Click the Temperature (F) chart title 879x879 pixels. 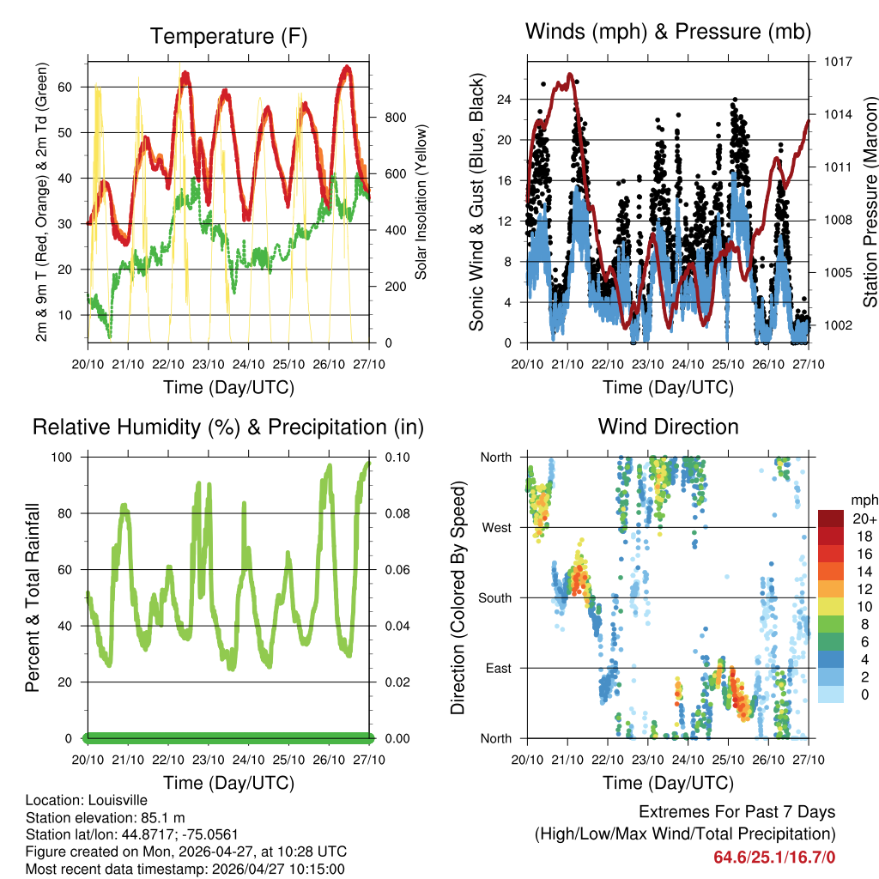pos(228,36)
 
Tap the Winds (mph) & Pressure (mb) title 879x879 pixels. pos(668,32)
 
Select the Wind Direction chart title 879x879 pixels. pos(668,427)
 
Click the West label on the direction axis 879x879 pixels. pos(496,527)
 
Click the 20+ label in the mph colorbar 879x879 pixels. pos(859,519)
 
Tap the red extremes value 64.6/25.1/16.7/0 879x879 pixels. pos(774,857)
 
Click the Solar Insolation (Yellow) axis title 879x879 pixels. pos(421,202)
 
